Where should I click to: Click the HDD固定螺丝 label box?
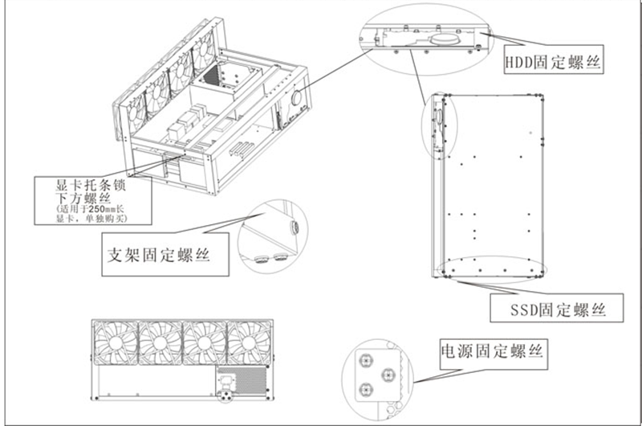[552, 61]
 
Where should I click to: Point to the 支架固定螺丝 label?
[158, 256]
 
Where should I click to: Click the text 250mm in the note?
[97, 209]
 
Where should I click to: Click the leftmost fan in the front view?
[116, 343]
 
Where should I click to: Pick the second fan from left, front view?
[160, 343]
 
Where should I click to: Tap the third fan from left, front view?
[205, 343]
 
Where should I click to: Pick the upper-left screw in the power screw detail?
[362, 356]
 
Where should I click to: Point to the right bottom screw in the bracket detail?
[280, 257]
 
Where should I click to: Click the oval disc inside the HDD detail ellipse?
[441, 36]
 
